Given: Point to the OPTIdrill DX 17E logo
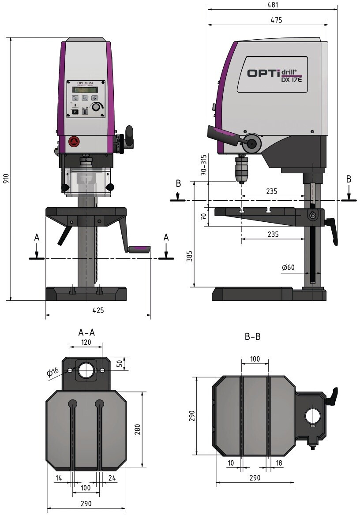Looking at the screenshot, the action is [272, 74].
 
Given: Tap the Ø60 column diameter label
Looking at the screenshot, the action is [288, 268].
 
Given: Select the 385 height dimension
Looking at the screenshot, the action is [189, 258].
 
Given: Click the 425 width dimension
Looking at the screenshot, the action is [98, 310].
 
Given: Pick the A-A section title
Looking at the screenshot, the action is [86, 332].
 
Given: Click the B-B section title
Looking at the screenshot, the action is [252, 337].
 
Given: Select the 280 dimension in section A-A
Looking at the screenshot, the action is [137, 429].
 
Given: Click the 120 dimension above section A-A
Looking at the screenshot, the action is [86, 342].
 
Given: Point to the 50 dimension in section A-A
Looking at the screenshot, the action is [119, 363].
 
